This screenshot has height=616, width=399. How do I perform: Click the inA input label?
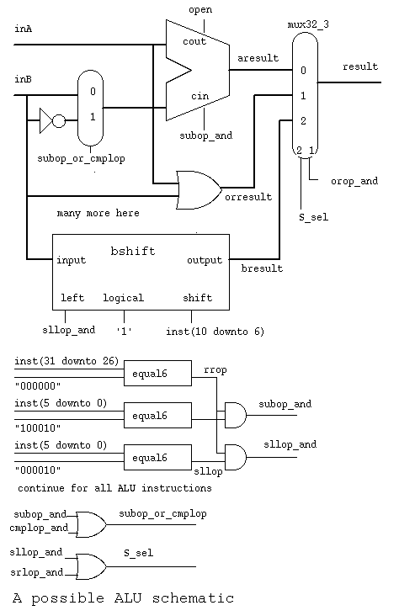[x=24, y=29]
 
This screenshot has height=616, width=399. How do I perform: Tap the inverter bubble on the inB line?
[x=59, y=120]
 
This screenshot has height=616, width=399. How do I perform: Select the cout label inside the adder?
[x=194, y=41]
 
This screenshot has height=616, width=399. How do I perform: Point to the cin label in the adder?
[x=199, y=96]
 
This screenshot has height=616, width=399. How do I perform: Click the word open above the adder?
[x=200, y=10]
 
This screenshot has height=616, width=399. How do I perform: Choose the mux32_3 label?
[x=308, y=24]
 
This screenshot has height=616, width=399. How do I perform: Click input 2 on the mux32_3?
[x=303, y=120]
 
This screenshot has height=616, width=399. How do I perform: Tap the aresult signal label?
[x=258, y=58]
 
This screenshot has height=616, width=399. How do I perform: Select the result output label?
[x=360, y=66]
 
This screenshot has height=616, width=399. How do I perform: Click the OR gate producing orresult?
[x=199, y=189]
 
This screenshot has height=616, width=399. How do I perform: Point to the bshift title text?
[x=133, y=251]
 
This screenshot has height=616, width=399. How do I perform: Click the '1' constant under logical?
[x=124, y=332]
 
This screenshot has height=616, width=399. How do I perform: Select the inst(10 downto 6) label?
[x=215, y=332]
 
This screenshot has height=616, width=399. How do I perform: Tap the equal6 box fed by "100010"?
[x=157, y=415]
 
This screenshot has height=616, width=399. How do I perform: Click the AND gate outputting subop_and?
[x=236, y=415]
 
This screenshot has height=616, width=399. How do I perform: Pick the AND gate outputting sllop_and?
[x=236, y=457]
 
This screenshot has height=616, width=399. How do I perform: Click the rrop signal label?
[x=215, y=370]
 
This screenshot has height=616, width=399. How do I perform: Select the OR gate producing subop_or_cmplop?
[x=91, y=524]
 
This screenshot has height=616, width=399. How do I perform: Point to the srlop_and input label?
[x=36, y=572]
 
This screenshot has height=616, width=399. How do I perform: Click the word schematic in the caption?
[x=193, y=598]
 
